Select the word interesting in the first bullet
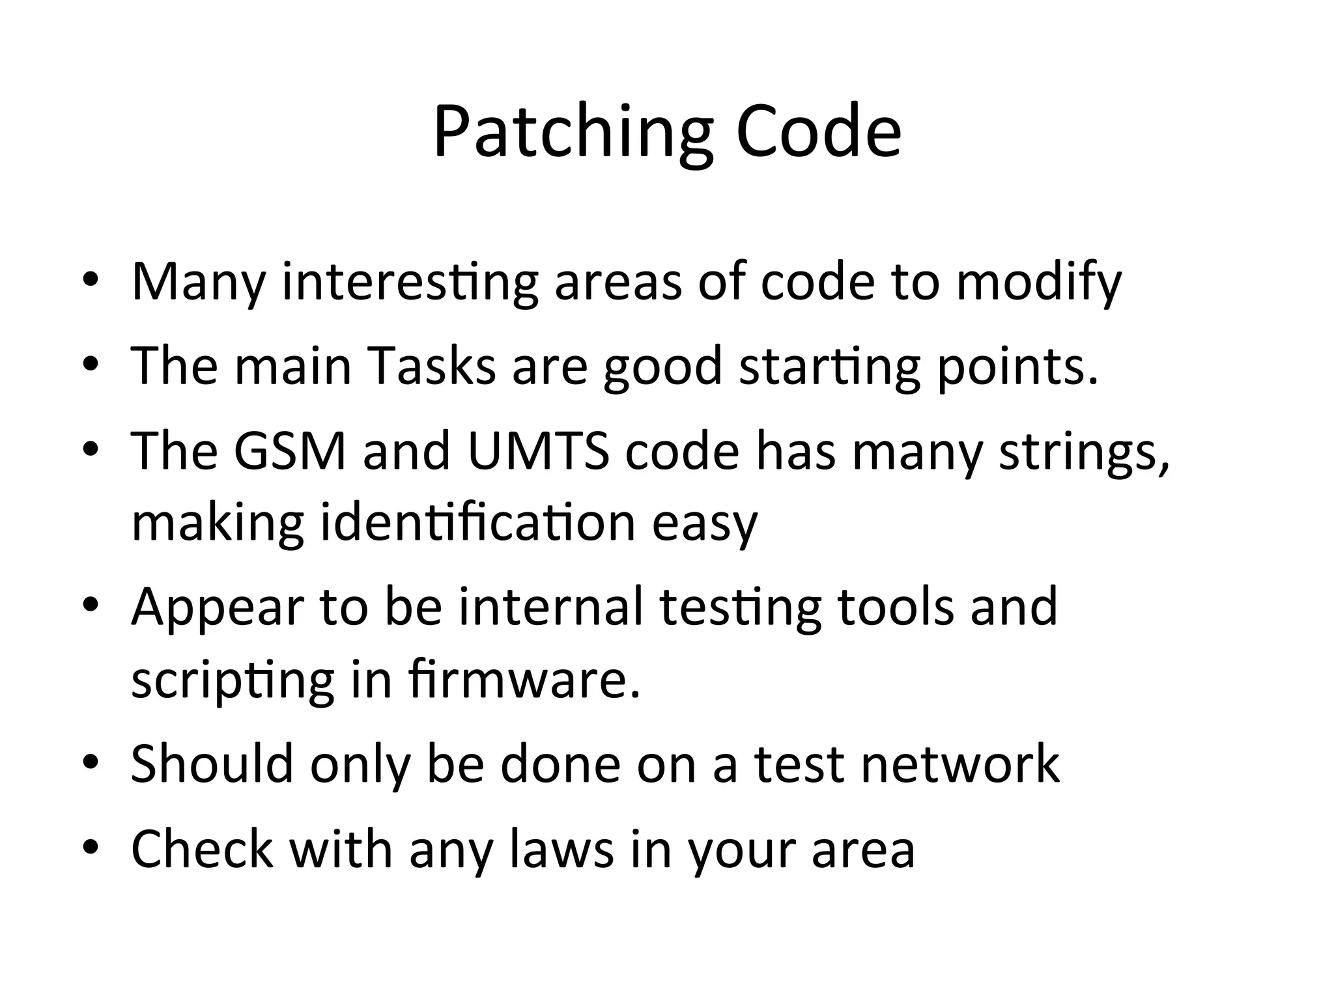point(410,283)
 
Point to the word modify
point(1038,283)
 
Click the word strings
point(1084,452)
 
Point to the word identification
point(477,522)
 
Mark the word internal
point(550,607)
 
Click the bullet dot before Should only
point(91,762)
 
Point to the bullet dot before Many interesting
point(91,280)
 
